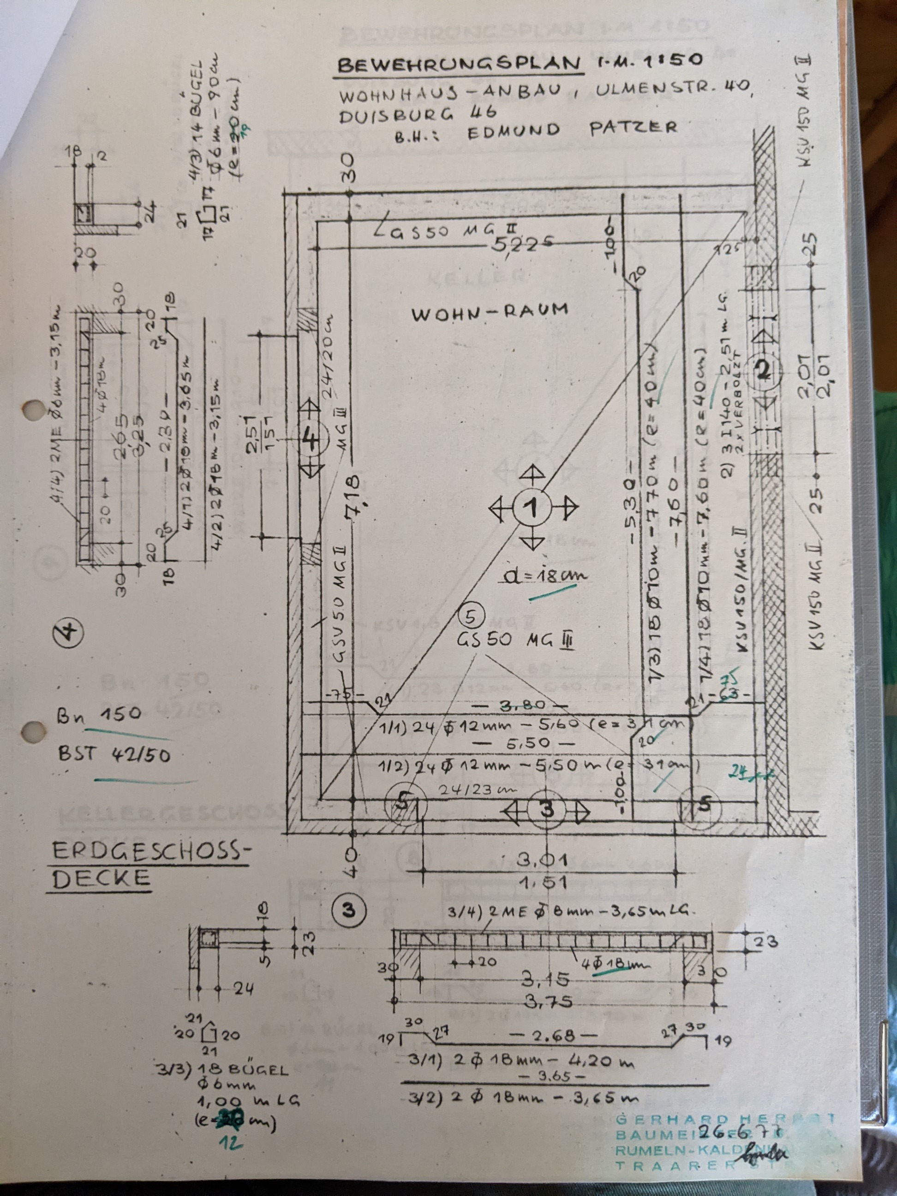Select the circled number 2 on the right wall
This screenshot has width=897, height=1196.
click(763, 371)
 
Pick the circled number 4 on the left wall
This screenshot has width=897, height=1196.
click(312, 439)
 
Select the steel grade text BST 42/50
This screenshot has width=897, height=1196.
click(114, 754)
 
